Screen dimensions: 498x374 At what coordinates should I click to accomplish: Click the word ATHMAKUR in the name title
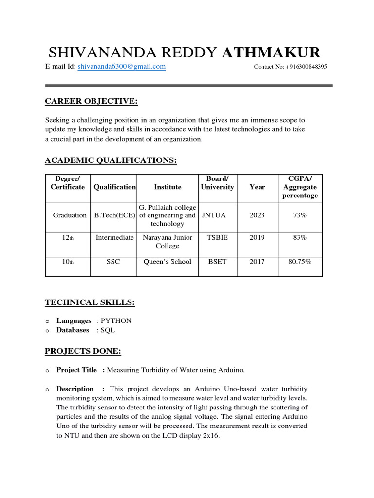(x=271, y=53)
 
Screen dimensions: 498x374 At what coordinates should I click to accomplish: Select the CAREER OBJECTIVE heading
(x=92, y=101)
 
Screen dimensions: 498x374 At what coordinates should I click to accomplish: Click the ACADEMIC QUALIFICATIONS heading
(x=111, y=160)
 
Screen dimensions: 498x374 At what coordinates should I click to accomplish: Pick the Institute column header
(x=168, y=187)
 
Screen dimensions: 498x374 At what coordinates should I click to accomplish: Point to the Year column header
(x=257, y=187)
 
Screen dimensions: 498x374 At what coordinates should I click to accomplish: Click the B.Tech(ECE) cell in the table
(x=114, y=215)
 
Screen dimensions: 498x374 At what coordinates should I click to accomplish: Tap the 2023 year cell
(x=257, y=215)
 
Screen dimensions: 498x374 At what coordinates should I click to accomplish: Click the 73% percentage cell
(x=299, y=215)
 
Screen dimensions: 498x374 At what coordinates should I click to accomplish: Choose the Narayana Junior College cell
(x=168, y=242)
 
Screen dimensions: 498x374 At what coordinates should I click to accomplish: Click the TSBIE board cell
(x=217, y=238)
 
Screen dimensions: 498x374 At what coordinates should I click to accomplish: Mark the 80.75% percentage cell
(x=299, y=262)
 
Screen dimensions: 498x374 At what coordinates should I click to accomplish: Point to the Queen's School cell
(x=168, y=262)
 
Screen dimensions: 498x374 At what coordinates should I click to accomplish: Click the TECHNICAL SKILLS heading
(x=90, y=302)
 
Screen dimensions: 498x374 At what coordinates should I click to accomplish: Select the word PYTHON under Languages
(x=116, y=321)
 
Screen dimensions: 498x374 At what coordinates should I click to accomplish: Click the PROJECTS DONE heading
(x=83, y=351)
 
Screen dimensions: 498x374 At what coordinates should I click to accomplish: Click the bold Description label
(x=75, y=389)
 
